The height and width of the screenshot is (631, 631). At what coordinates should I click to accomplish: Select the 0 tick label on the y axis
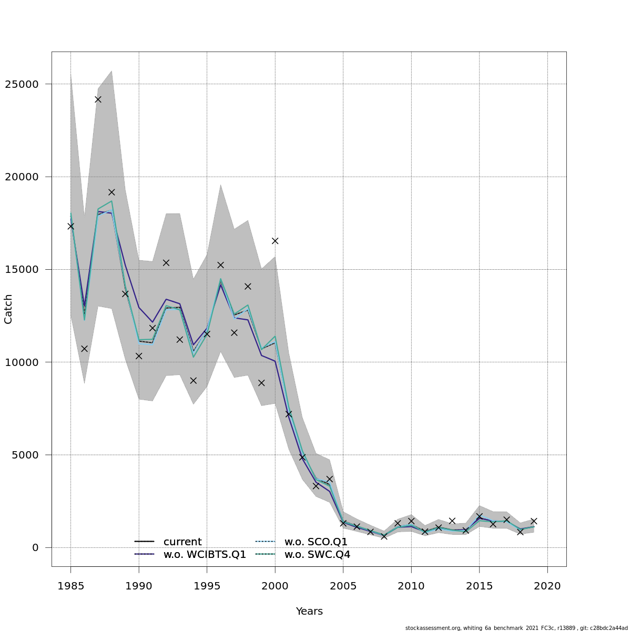36,547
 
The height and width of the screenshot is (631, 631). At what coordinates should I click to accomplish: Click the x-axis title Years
309,612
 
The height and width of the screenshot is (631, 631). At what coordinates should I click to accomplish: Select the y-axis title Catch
8,309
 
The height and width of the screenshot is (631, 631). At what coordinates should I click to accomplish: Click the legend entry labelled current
182,542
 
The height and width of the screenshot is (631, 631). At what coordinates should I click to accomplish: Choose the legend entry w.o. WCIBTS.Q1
205,555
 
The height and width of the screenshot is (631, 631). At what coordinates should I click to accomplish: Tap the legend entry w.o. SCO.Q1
316,542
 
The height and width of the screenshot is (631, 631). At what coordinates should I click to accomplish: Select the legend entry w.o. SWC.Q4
317,555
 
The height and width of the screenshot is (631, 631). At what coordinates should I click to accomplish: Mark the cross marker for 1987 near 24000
98,99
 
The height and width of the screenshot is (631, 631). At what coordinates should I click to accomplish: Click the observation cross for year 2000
275,241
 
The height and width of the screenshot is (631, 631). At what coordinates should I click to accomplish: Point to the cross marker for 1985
70,226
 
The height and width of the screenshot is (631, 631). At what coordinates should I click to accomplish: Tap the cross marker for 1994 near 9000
193,380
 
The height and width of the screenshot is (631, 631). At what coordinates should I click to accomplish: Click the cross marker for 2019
534,521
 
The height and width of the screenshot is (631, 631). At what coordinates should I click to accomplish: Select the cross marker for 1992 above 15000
166,262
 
